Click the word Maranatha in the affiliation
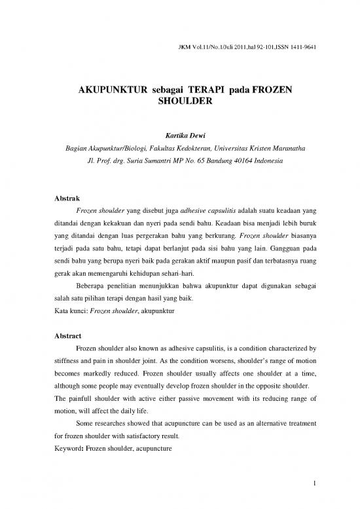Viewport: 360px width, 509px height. [280, 148]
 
